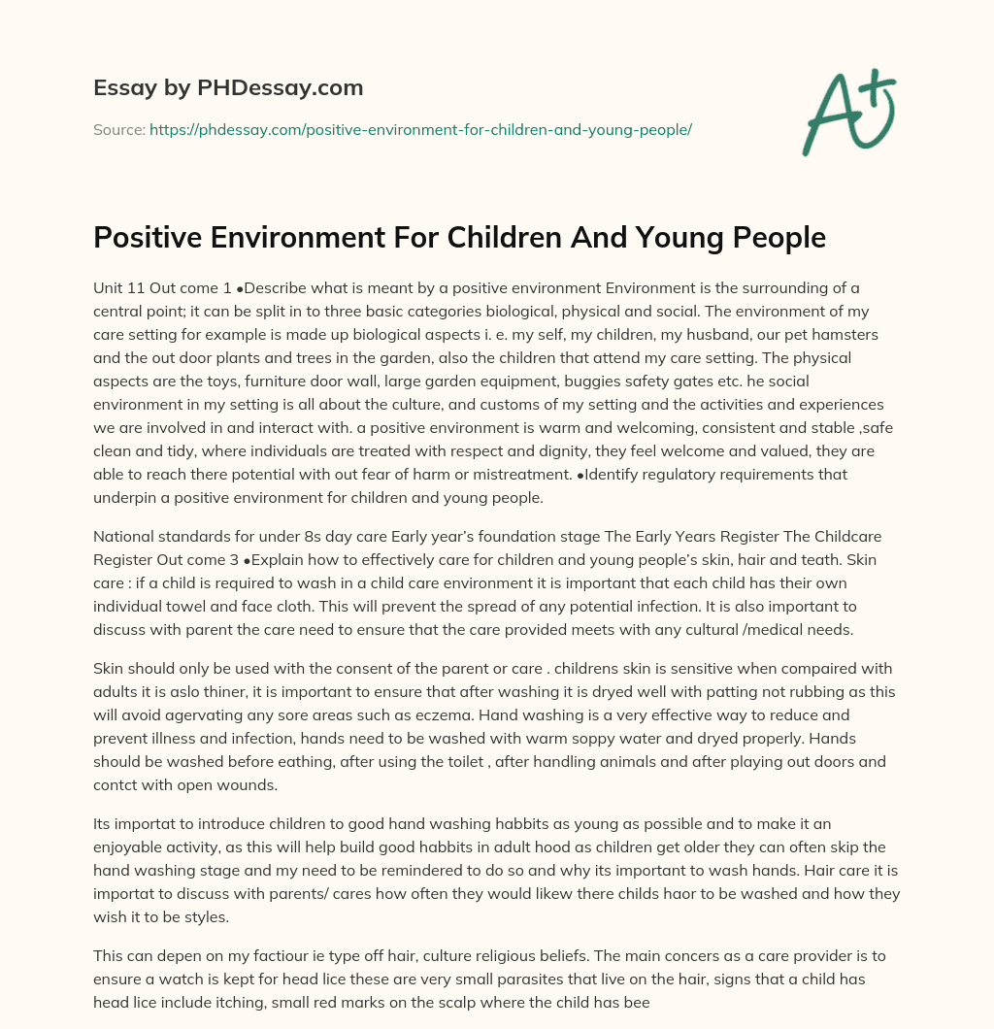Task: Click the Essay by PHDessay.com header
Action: (x=228, y=87)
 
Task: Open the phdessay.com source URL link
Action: (x=420, y=129)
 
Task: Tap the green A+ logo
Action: (x=848, y=112)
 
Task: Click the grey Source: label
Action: (x=118, y=129)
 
